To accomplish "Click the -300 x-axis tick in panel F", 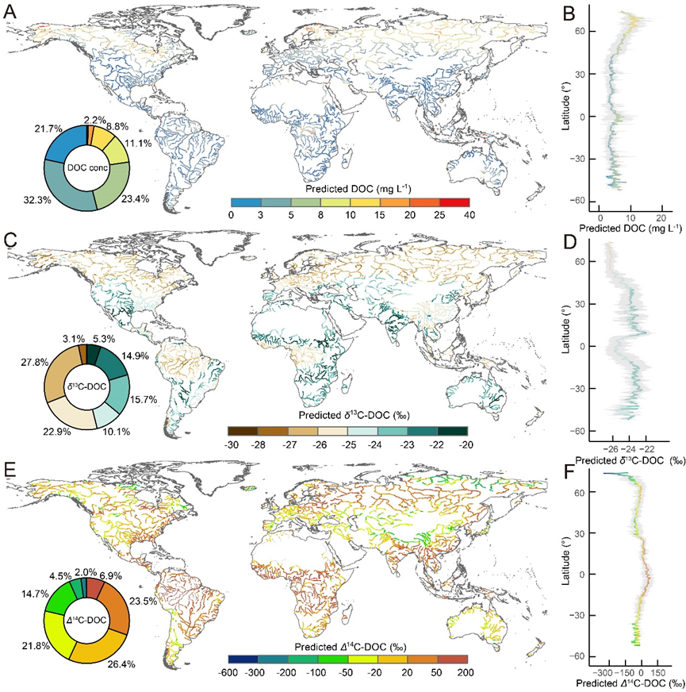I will point(607,671).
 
